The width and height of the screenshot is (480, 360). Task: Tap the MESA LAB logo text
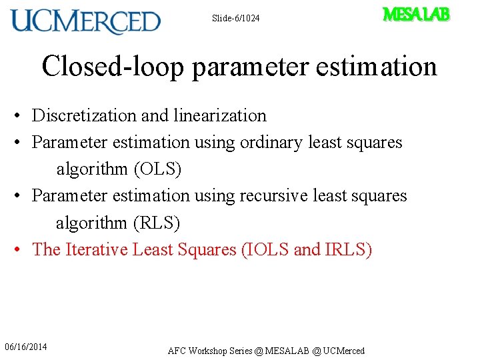(417, 15)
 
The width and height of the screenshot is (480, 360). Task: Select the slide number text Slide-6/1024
(235, 18)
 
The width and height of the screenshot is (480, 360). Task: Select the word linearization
(219, 115)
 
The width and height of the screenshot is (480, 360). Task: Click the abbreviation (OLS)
(157, 169)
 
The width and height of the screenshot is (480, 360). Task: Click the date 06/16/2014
(26, 347)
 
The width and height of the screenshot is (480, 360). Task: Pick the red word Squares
(208, 249)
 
